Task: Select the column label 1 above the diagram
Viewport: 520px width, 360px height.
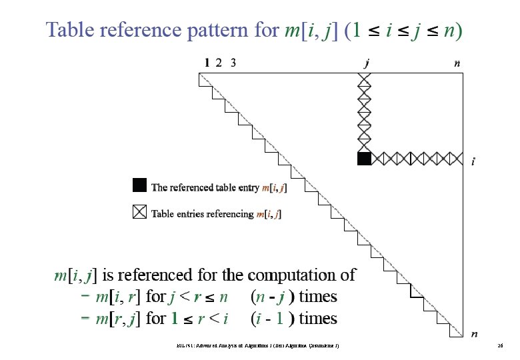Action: (x=207, y=63)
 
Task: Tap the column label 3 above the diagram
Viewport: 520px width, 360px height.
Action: (x=233, y=63)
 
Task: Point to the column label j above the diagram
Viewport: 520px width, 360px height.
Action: (x=367, y=63)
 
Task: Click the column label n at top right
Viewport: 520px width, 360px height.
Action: (x=457, y=63)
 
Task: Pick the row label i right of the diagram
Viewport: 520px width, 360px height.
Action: (x=473, y=161)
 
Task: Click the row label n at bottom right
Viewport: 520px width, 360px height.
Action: (x=474, y=333)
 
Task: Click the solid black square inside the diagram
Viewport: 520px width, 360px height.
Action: (x=364, y=159)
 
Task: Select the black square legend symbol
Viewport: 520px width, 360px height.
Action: (x=139, y=185)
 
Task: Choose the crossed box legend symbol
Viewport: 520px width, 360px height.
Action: (x=139, y=213)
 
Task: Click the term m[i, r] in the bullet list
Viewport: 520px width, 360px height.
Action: (x=119, y=296)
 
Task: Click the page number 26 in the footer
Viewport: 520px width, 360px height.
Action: (x=499, y=346)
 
